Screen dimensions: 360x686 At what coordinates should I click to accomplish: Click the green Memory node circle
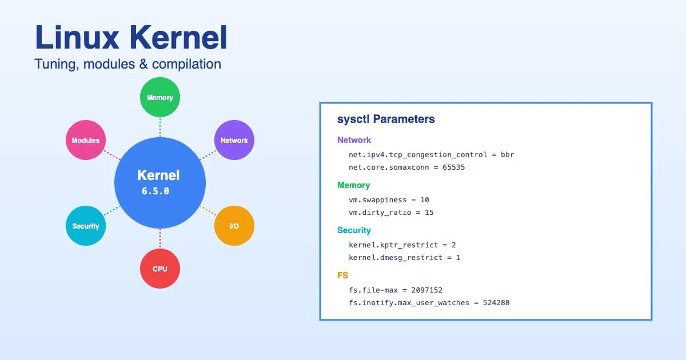pyautogui.click(x=160, y=97)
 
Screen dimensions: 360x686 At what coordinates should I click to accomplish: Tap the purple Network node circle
pyautogui.click(x=234, y=140)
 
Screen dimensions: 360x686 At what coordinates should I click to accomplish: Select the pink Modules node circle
pyautogui.click(x=86, y=140)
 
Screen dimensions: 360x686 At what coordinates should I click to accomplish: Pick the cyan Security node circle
pyautogui.click(x=86, y=226)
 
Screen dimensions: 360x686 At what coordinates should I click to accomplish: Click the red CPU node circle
pyautogui.click(x=160, y=269)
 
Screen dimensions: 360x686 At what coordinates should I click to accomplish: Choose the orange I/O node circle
pyautogui.click(x=234, y=226)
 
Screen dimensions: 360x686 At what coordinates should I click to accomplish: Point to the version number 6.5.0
pyautogui.click(x=155, y=191)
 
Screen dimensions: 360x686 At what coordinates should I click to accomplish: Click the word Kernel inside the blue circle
pyautogui.click(x=158, y=175)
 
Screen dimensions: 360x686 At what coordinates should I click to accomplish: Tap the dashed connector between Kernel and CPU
pyautogui.click(x=160, y=238)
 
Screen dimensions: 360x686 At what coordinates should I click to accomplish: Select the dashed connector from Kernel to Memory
pyautogui.click(x=160, y=127)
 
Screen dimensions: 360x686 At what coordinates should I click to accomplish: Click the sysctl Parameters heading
pyautogui.click(x=386, y=119)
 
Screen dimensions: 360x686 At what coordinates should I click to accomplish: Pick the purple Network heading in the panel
pyautogui.click(x=354, y=140)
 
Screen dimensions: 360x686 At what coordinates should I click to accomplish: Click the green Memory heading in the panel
pyautogui.click(x=353, y=185)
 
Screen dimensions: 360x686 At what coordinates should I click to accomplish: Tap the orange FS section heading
pyautogui.click(x=343, y=275)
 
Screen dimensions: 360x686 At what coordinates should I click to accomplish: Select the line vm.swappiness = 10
pyautogui.click(x=389, y=200)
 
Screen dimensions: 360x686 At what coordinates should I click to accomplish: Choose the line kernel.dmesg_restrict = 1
pyautogui.click(x=404, y=258)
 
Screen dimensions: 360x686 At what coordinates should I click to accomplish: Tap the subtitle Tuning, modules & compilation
pyautogui.click(x=127, y=64)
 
